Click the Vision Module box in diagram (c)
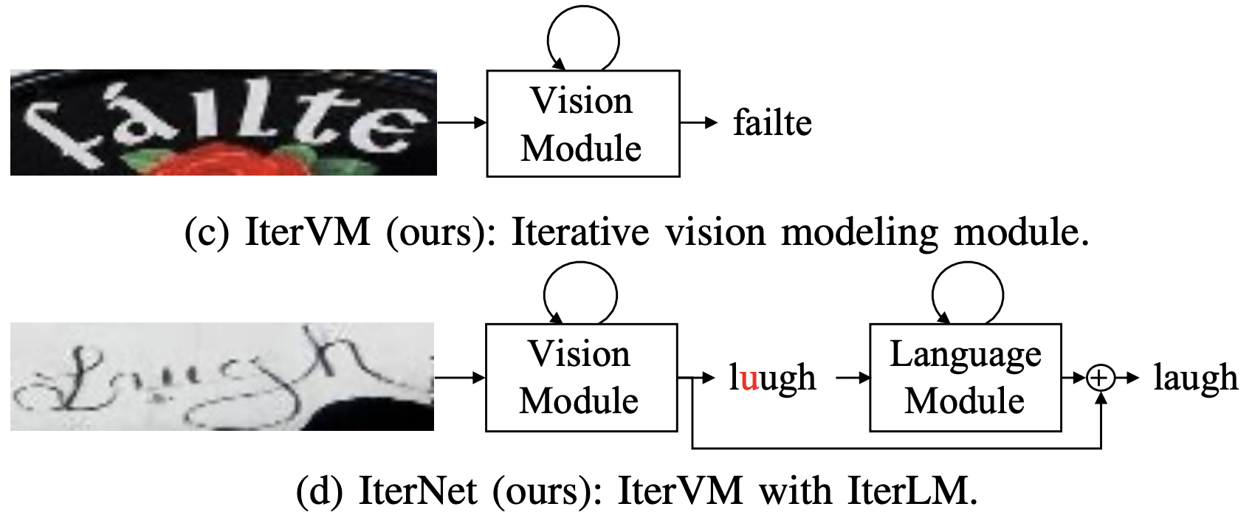[x=582, y=124]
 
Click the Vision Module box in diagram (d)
[x=581, y=377]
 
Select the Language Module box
[x=965, y=377]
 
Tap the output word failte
[x=772, y=123]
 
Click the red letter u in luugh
[x=749, y=379]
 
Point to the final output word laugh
[x=1195, y=378]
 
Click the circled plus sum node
[x=1100, y=378]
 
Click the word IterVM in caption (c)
[x=307, y=232]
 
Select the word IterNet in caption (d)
[x=417, y=490]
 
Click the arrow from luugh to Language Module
[x=853, y=378]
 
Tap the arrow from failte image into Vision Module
[x=461, y=122]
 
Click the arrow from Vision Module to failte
[x=698, y=123]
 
